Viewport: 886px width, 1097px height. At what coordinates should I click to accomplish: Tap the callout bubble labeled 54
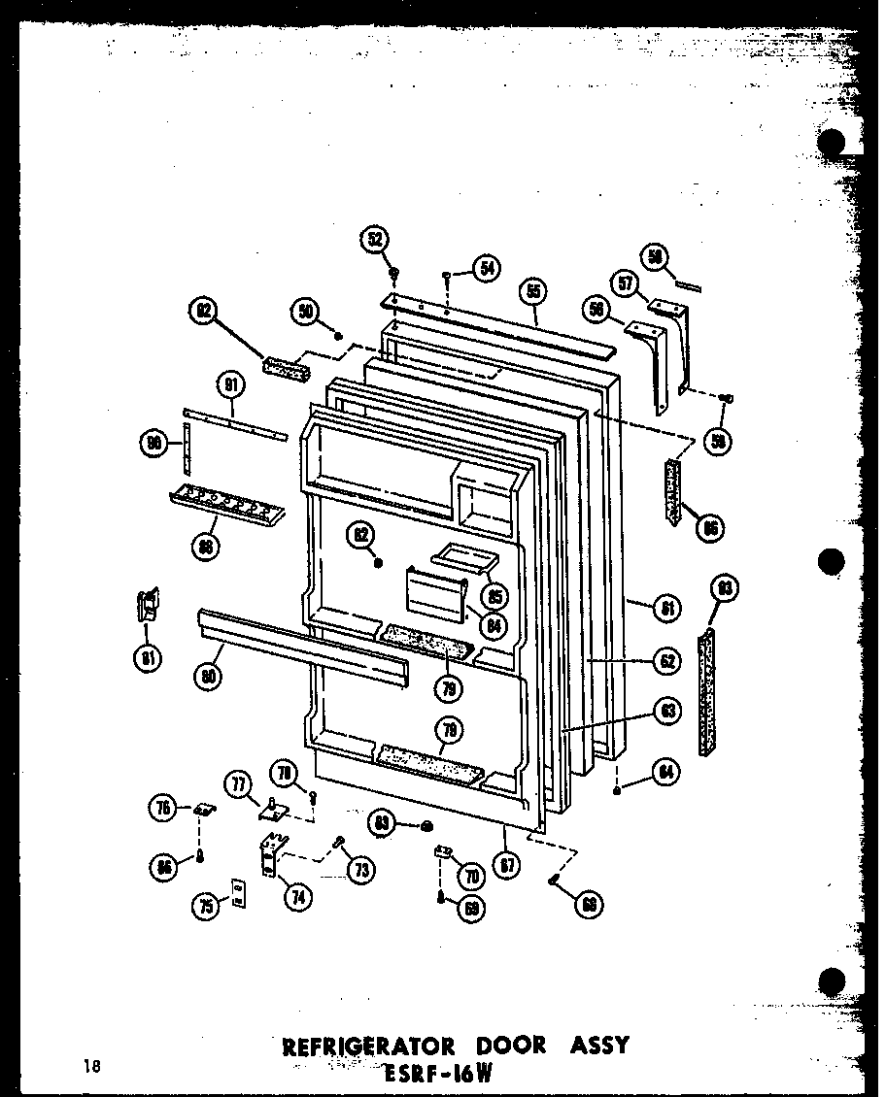[x=487, y=269]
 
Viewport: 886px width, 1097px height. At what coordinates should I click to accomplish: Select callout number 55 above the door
[x=533, y=291]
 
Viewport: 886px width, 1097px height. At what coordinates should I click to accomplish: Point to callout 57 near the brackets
[x=627, y=284]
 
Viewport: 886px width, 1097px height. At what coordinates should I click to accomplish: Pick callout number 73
[x=361, y=871]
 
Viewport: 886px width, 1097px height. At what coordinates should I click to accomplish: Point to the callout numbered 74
[x=294, y=896]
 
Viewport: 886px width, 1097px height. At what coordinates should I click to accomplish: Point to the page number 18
[x=91, y=1067]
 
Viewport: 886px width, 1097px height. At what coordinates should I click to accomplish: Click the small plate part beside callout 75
[x=238, y=894]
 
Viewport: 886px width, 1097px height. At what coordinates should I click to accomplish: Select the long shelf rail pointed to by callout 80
[x=301, y=651]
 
